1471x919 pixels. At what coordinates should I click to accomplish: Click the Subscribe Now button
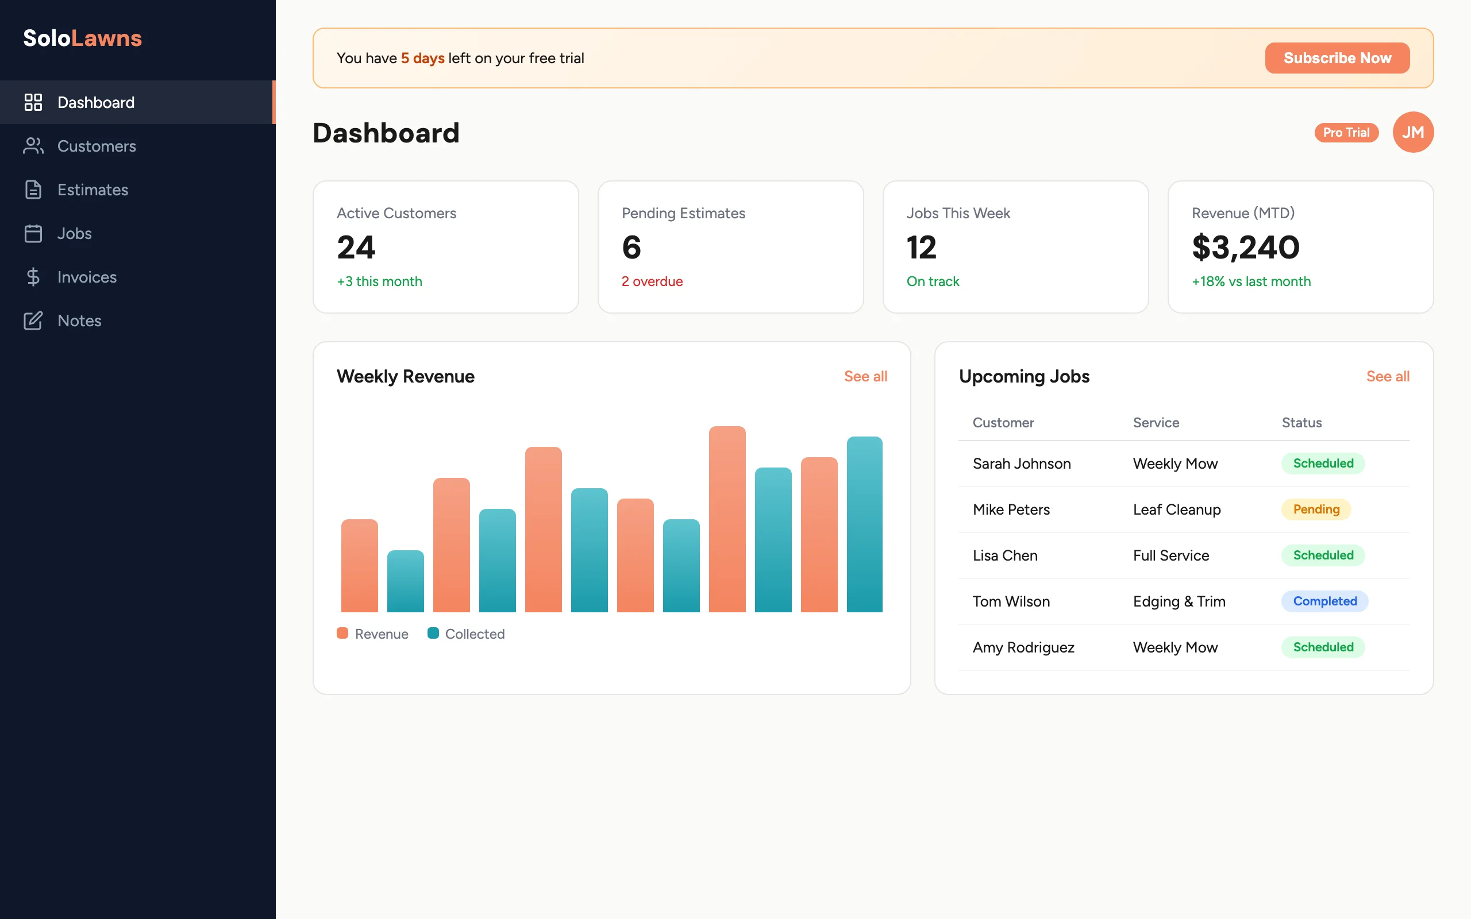tap(1337, 58)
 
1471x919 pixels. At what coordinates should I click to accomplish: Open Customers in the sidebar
tap(96, 146)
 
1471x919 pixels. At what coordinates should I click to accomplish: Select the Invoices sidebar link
tap(86, 277)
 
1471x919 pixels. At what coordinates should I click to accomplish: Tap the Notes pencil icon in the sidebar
tap(33, 321)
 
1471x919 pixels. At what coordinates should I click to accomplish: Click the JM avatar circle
tap(1412, 132)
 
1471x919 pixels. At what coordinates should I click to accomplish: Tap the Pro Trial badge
tap(1346, 133)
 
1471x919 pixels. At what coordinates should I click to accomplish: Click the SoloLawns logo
tap(83, 38)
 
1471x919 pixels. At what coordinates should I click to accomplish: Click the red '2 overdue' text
tap(652, 281)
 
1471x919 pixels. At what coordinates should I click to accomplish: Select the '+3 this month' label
tap(379, 281)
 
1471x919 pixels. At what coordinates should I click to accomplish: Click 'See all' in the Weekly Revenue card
tap(865, 376)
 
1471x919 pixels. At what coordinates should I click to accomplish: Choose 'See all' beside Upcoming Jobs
tap(1387, 376)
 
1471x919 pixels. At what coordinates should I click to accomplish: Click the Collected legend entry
tap(466, 634)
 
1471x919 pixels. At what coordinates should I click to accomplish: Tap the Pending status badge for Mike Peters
tap(1316, 509)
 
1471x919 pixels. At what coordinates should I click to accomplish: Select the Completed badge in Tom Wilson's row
tap(1324, 601)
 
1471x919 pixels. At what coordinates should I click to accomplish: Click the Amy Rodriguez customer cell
tap(1023, 647)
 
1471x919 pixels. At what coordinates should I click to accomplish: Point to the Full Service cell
tap(1170, 555)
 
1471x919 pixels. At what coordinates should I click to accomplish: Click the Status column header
tap(1301, 422)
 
